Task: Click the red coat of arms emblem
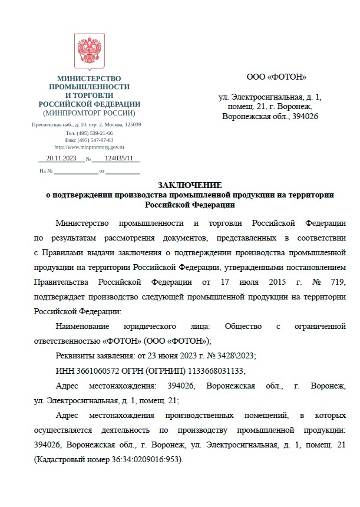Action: point(90,51)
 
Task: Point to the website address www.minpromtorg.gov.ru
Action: point(89,147)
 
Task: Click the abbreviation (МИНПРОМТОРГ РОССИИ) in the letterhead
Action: point(89,113)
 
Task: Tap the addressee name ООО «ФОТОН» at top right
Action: point(276,77)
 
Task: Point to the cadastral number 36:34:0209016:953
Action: point(147,458)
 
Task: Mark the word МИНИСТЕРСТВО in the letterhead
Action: point(89,78)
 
